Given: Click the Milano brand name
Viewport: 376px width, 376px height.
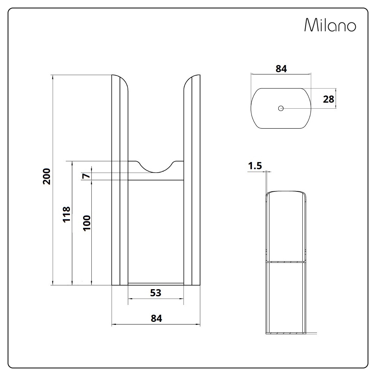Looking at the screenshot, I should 330,25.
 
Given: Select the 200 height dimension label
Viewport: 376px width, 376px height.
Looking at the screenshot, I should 47,176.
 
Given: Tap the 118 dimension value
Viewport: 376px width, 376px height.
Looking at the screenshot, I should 67,215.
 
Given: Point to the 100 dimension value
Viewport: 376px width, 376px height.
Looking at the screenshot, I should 87,223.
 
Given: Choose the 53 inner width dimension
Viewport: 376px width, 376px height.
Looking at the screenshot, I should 155,293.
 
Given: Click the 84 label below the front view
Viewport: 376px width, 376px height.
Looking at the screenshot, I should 156,318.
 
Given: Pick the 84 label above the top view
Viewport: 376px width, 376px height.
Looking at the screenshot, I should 281,69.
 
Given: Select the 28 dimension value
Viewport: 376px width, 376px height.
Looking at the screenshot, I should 328,99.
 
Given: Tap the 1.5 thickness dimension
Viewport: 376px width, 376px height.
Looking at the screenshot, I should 255,166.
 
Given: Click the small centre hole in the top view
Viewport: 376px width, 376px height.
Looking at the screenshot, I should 280,108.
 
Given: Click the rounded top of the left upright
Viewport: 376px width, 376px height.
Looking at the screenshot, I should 120,81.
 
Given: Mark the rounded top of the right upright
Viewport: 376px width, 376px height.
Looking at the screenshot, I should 192,81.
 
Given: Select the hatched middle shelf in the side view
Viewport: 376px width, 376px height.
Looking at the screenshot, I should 285,261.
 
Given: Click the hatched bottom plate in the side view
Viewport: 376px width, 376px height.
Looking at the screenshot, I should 285,333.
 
